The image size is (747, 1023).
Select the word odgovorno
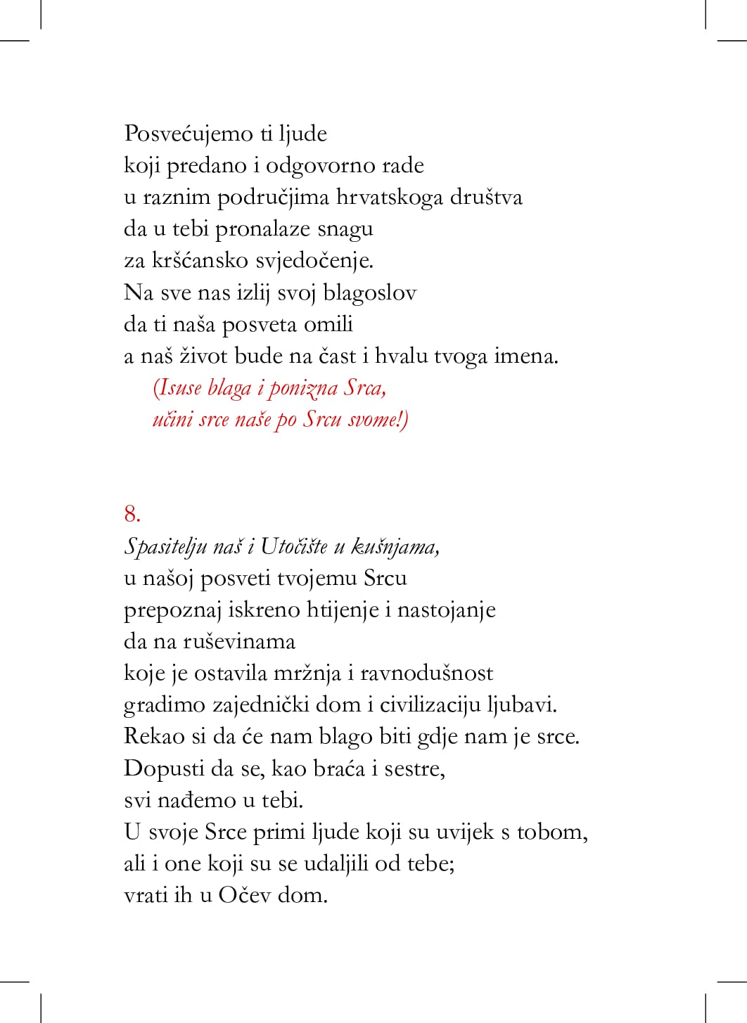[x=320, y=166]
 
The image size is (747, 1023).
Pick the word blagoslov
[x=369, y=292]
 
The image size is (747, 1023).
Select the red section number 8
[x=132, y=514]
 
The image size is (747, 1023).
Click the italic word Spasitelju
[x=165, y=546]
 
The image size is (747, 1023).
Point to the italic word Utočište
[x=293, y=546]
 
